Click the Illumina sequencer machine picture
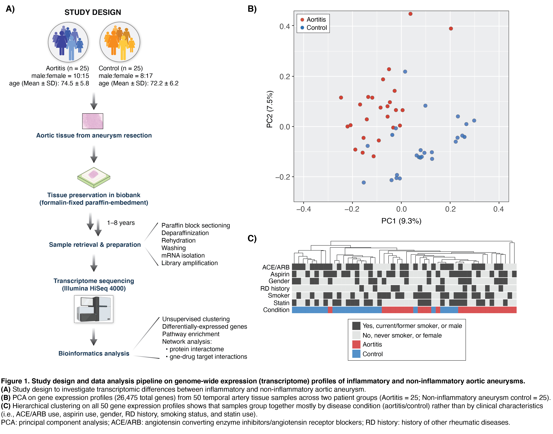pos(94,309)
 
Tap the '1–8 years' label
pos(121,223)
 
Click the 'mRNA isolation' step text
pos(183,255)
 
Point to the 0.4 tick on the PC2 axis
pos(285,26)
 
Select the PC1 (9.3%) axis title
pos(401,221)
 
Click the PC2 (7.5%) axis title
pos(270,109)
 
